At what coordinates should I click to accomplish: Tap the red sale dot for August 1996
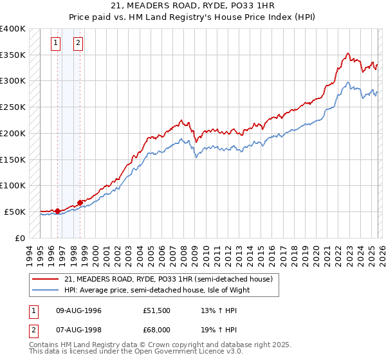[x=58, y=210]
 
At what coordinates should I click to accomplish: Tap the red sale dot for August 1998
[x=80, y=202]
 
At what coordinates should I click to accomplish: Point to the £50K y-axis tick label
[x=13, y=212]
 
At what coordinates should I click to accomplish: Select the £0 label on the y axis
[x=20, y=238]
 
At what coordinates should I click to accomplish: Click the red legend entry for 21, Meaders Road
[x=169, y=279]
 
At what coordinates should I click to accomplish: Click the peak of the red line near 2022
[x=347, y=53]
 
